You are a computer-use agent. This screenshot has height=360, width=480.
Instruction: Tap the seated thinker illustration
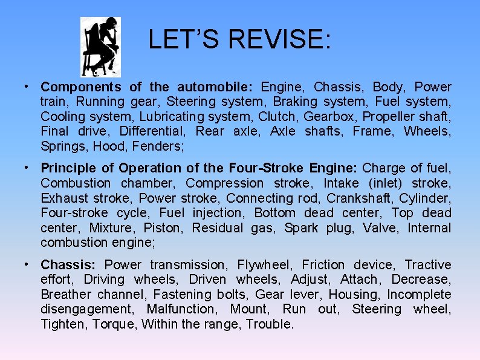100,47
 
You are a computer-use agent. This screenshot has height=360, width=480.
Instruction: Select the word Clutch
277,116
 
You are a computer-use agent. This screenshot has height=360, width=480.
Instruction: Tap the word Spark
300,228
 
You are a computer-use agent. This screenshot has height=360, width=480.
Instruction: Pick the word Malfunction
180,309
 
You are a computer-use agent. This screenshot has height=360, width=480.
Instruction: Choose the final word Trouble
270,324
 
